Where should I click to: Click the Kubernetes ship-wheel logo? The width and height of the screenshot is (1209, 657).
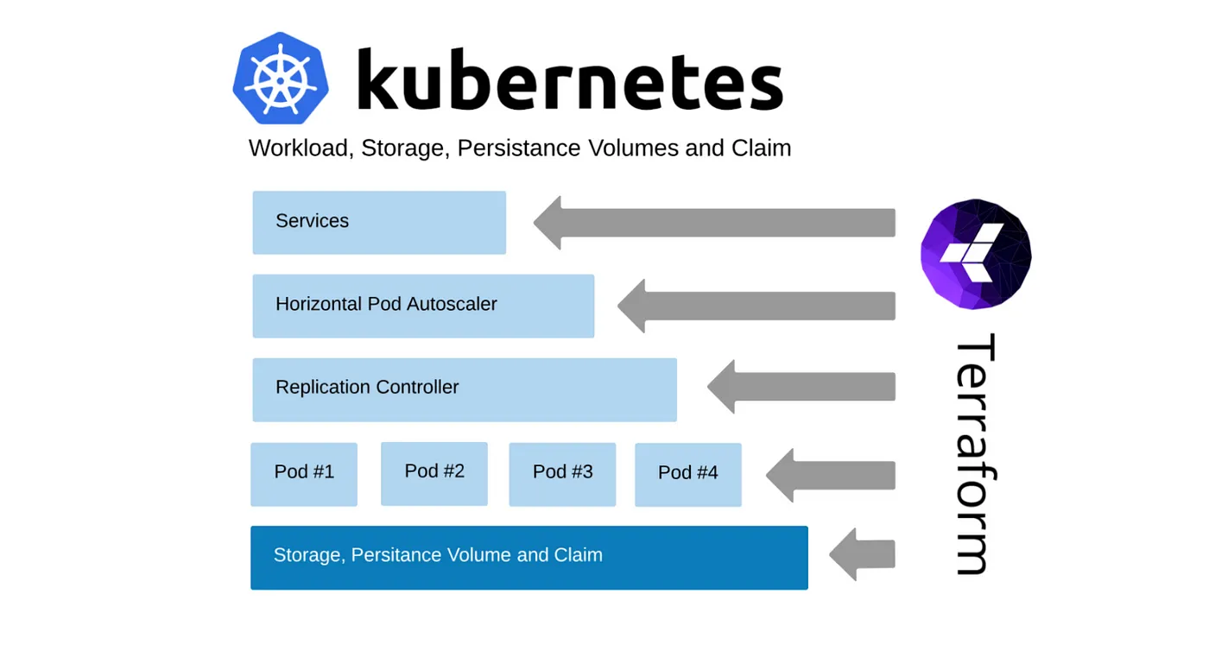281,78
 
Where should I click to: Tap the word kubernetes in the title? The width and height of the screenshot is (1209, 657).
569,79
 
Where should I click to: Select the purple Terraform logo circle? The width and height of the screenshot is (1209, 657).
976,254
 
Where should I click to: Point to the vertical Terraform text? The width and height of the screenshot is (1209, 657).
974,454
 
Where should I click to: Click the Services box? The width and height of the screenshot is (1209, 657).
379,223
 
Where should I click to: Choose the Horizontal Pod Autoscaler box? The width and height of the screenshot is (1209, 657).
423,306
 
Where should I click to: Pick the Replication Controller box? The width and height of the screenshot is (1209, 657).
465,389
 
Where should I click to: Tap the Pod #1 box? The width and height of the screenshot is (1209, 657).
304,474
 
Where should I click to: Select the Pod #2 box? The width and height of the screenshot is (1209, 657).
434,473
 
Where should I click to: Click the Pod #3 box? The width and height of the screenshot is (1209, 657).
562,474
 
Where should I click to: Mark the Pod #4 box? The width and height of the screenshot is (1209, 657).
688,474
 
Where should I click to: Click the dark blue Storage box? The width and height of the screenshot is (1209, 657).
529,558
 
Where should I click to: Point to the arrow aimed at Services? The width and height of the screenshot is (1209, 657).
714,223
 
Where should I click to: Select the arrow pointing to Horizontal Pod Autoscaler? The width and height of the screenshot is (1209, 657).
756,306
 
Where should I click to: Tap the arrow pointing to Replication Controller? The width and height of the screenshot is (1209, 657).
801,386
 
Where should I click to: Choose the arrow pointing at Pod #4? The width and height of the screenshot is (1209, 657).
831,475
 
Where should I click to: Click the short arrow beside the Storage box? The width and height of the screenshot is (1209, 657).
862,554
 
